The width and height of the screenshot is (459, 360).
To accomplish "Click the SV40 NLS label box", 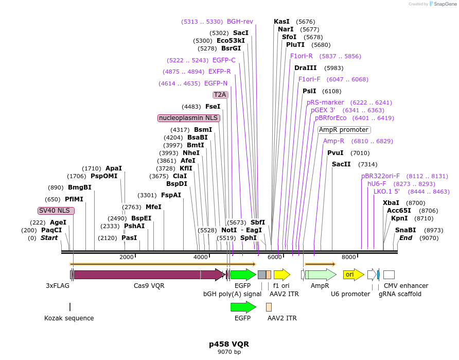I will pyautogui.click(x=56, y=211).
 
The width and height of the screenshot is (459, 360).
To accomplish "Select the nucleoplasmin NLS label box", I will pyautogui.click(x=189, y=118).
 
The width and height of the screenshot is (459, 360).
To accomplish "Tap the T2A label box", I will pyautogui.click(x=220, y=95).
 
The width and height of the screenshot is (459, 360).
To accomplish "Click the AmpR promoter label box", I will pyautogui.click(x=344, y=130).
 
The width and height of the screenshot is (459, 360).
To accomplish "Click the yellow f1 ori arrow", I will pyautogui.click(x=282, y=275).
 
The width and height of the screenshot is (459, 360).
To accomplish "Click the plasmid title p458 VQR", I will pyautogui.click(x=229, y=344).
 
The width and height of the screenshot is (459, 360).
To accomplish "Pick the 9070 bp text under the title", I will pyautogui.click(x=229, y=352).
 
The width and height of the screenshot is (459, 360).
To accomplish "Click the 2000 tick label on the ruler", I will pyautogui.click(x=127, y=257).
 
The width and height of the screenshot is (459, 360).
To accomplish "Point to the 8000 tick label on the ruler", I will pyautogui.click(x=349, y=257).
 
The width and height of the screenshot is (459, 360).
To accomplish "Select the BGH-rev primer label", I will pyautogui.click(x=240, y=22).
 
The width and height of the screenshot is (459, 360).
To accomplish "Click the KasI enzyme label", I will pyautogui.click(x=281, y=22).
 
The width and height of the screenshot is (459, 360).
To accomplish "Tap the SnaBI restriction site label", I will pyautogui.click(x=405, y=230).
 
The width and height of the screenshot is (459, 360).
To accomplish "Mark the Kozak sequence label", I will pyautogui.click(x=69, y=318).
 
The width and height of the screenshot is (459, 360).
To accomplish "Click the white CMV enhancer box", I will pyautogui.click(x=389, y=275).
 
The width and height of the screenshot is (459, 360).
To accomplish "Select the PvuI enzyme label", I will pyautogui.click(x=335, y=153).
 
